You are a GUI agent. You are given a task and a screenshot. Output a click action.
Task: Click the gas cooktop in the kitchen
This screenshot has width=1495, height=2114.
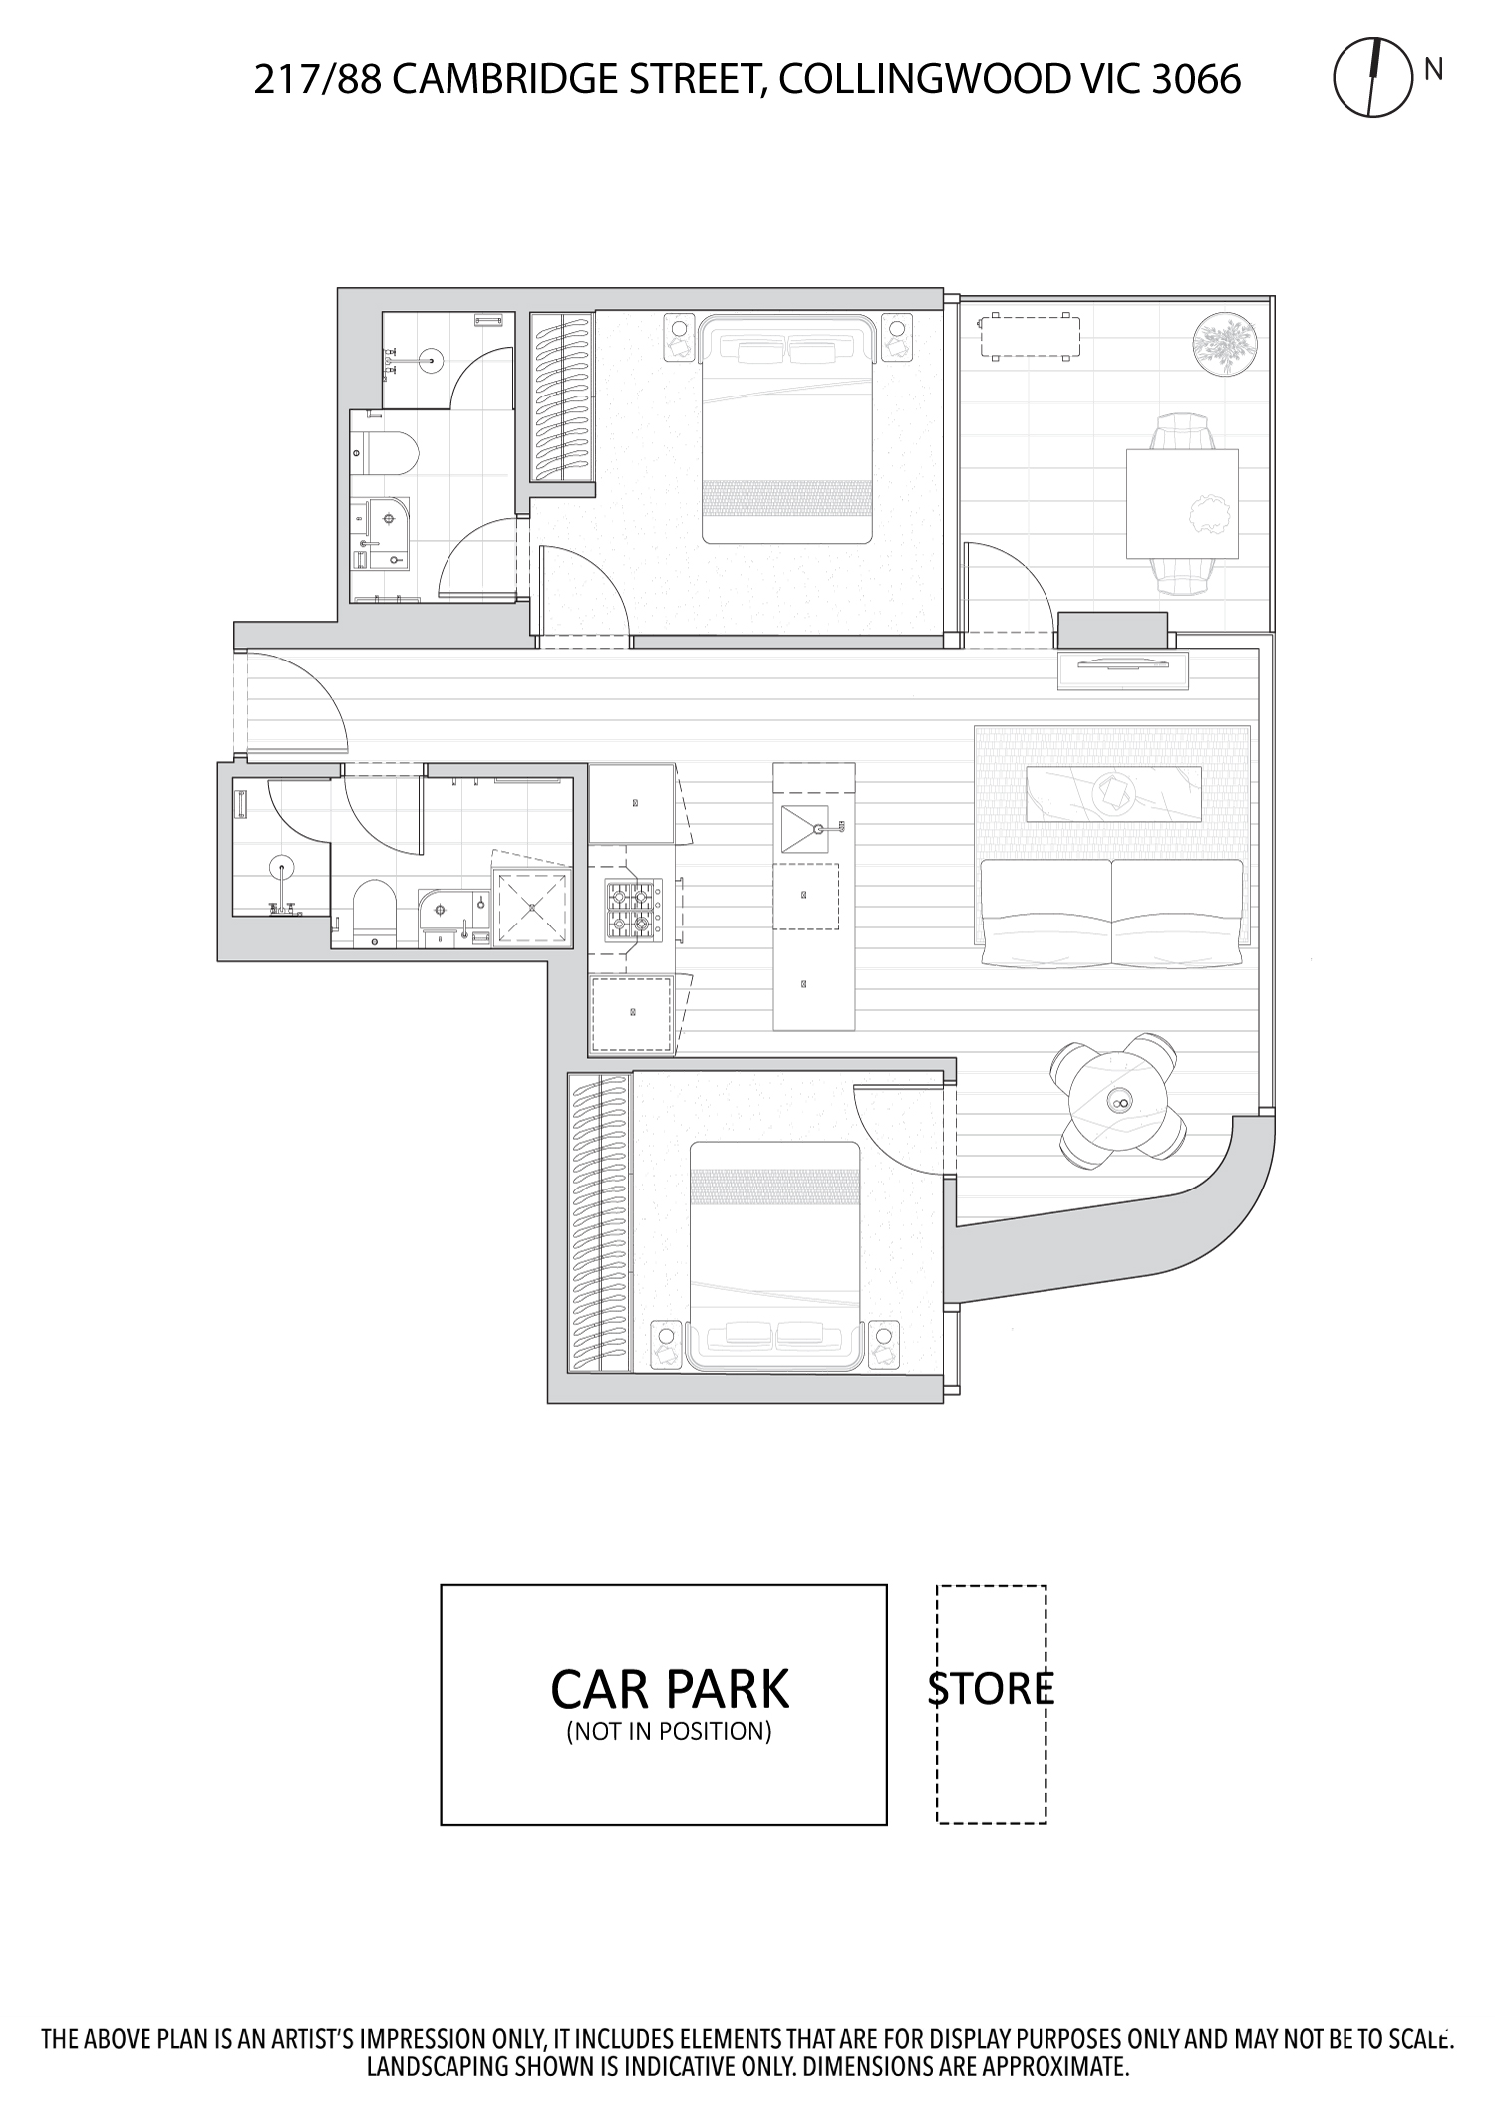632,911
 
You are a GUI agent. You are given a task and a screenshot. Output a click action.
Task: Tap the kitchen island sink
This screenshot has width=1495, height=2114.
805,829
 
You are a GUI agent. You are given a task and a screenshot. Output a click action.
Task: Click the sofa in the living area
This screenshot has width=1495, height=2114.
1111,912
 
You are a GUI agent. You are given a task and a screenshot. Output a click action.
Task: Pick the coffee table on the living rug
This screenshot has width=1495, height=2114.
1113,793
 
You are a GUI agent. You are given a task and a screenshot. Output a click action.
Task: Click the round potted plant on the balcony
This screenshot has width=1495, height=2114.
1225,344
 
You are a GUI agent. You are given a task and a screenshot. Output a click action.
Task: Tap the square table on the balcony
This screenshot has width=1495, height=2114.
1182,503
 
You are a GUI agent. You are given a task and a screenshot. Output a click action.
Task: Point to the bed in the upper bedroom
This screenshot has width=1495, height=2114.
786,429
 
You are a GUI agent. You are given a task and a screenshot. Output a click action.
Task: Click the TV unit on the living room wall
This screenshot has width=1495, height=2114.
1123,669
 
